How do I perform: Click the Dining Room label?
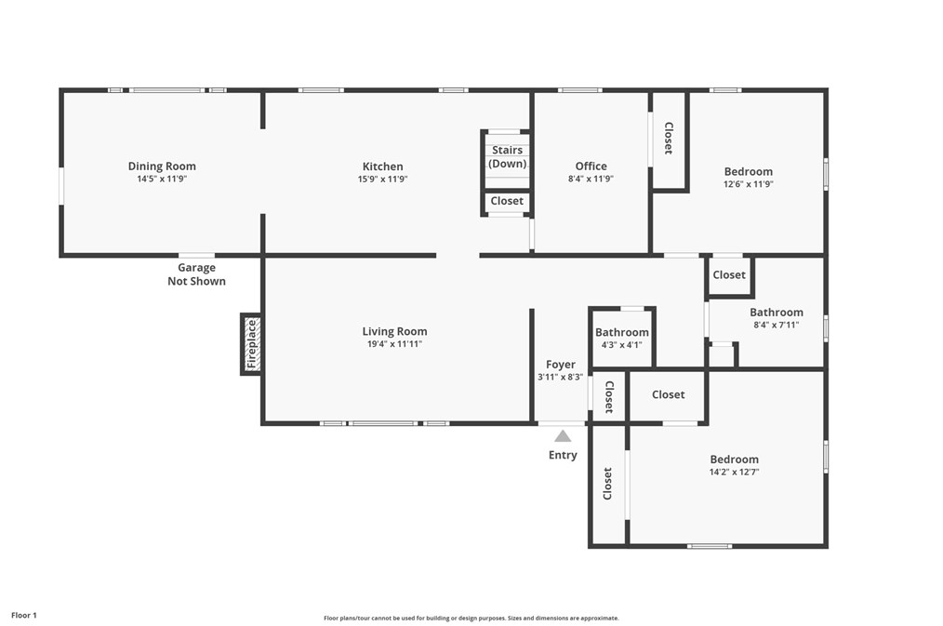[x=162, y=166]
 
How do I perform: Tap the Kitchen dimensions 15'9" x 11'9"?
[x=383, y=180]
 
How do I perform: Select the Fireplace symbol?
[x=251, y=344]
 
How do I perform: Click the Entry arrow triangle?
[x=563, y=435]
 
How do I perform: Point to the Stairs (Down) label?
[x=507, y=156]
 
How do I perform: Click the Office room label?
[x=591, y=166]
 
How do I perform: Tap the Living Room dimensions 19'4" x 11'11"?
[x=394, y=344]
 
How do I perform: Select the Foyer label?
[x=560, y=365]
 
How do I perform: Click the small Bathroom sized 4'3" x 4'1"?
[x=621, y=332]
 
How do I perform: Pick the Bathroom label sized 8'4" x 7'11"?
[x=776, y=313]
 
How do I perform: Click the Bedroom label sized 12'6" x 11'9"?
[x=748, y=171]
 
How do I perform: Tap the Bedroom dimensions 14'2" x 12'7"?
[x=734, y=472]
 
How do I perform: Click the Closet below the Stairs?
[x=507, y=201]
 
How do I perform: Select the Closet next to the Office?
[x=668, y=139]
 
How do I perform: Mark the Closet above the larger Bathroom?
[x=728, y=274]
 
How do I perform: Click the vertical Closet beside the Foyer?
[x=609, y=397]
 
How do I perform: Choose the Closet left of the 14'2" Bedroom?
[x=608, y=484]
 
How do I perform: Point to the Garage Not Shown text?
[x=196, y=274]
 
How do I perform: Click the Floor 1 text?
[x=24, y=615]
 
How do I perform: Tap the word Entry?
[x=563, y=455]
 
